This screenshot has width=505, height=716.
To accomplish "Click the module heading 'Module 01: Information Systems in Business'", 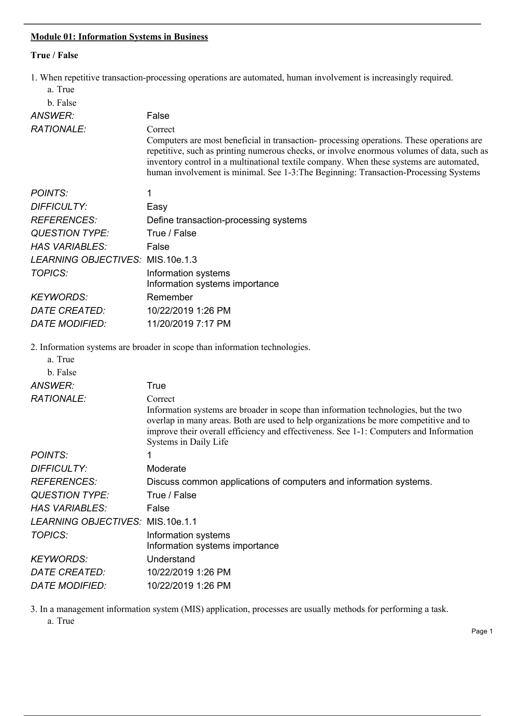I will click(119, 37).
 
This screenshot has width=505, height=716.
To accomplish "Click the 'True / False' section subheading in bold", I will click(54, 55).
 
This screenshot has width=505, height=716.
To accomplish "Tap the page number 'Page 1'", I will click(482, 631).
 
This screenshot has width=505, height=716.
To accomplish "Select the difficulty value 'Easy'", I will click(157, 207).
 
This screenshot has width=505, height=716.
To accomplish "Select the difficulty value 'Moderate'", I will click(166, 469).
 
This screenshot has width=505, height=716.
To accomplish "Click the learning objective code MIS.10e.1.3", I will click(172, 260).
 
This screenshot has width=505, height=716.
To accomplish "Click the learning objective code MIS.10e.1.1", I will click(172, 522).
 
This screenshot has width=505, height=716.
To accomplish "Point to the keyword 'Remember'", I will click(170, 297).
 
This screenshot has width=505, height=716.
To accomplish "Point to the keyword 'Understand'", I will click(171, 559).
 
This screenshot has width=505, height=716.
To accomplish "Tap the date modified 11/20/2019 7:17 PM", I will click(189, 324).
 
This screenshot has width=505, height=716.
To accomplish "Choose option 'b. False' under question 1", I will click(62, 103).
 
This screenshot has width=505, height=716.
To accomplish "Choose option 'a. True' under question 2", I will click(61, 359).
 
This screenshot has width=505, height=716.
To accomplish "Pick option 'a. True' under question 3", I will click(61, 621).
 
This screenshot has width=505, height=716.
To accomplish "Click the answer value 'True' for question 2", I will click(156, 386).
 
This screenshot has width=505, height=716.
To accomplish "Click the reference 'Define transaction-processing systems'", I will click(227, 220).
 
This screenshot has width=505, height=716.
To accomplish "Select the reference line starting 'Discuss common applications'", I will click(289, 482).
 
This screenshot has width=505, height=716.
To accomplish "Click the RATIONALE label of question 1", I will click(59, 129).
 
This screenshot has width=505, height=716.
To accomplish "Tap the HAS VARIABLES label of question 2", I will click(69, 508).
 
